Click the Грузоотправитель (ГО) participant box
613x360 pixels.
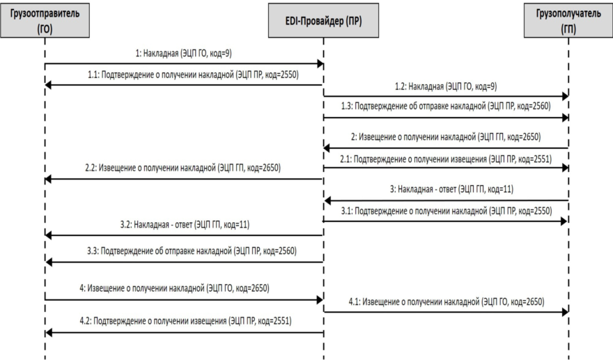45,20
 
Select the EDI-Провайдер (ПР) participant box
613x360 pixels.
323,20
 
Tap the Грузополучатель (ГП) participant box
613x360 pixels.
568,20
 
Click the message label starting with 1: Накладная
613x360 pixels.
183,53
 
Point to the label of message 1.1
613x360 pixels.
193,75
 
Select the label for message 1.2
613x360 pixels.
446,86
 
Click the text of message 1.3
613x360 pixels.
446,106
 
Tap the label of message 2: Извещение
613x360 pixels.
446,136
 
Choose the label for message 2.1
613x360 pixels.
446,159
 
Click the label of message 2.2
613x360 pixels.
183,168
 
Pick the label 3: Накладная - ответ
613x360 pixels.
451,189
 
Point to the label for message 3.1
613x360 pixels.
447,211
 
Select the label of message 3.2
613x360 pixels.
185,225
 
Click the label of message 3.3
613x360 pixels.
192,251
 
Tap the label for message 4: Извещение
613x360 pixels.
174,288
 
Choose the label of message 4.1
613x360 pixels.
447,302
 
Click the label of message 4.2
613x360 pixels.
185,321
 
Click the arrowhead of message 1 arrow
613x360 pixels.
320,63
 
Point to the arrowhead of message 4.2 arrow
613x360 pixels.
49,333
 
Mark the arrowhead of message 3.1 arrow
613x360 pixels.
564,221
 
